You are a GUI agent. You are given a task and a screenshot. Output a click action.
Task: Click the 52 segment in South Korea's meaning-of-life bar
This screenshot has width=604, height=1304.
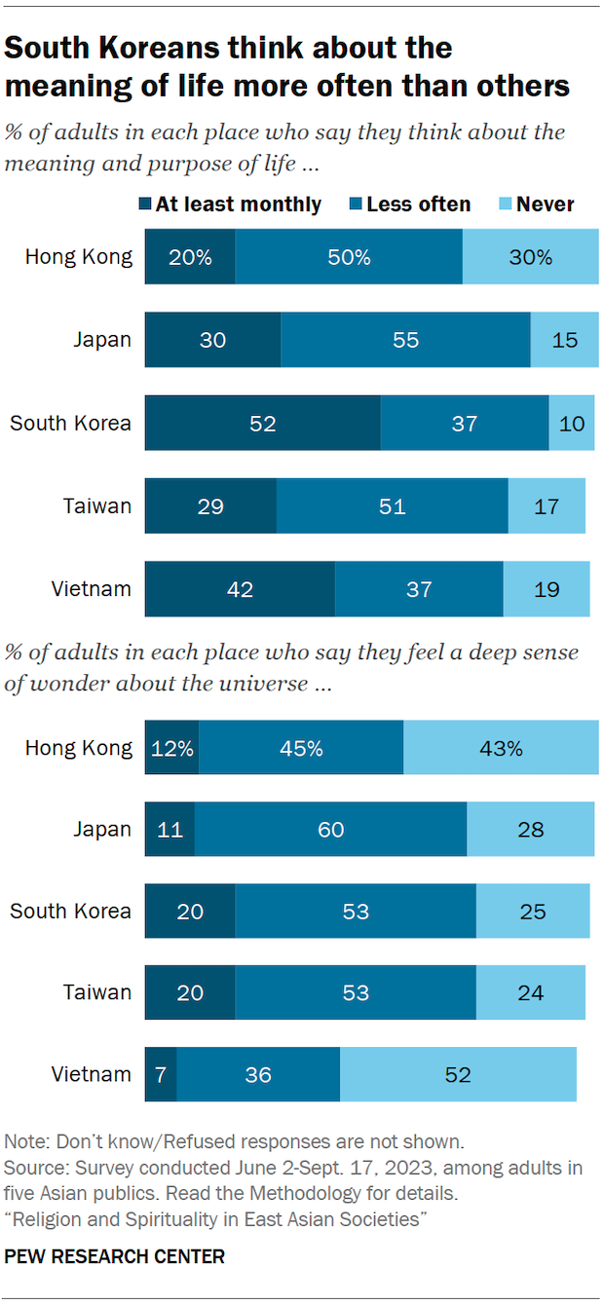pos(263,424)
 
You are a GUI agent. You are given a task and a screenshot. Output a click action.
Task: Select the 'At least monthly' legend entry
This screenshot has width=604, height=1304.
pos(230,205)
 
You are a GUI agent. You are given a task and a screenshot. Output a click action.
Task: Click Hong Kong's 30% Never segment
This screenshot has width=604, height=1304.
pos(530,257)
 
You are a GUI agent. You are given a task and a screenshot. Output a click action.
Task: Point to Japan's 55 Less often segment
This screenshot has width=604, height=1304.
pos(405,340)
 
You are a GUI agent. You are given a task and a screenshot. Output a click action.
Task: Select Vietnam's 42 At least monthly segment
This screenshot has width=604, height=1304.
pos(240,589)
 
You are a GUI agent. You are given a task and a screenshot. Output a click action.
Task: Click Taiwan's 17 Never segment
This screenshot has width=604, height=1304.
pos(547,506)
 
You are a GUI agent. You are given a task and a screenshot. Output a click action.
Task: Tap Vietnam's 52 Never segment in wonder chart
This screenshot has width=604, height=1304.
pos(458,1074)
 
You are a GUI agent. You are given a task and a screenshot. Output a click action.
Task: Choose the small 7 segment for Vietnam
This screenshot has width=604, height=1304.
pos(161,1074)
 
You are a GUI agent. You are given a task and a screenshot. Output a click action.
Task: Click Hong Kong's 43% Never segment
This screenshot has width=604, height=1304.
pos(501,748)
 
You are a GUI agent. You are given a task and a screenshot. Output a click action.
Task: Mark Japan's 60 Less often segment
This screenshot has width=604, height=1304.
pos(330,830)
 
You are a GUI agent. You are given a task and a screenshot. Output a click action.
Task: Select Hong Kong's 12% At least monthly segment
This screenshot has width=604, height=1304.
pos(171,748)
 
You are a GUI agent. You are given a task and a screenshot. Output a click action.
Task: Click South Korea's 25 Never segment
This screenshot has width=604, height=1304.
pos(533,912)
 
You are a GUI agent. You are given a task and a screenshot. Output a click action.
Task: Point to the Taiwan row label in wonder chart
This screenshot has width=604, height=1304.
pos(97,992)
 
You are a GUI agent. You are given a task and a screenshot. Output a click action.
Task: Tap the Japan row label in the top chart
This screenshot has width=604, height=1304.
pos(102,340)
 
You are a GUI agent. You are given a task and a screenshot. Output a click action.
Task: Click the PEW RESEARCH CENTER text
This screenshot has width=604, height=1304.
pos(114,1257)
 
